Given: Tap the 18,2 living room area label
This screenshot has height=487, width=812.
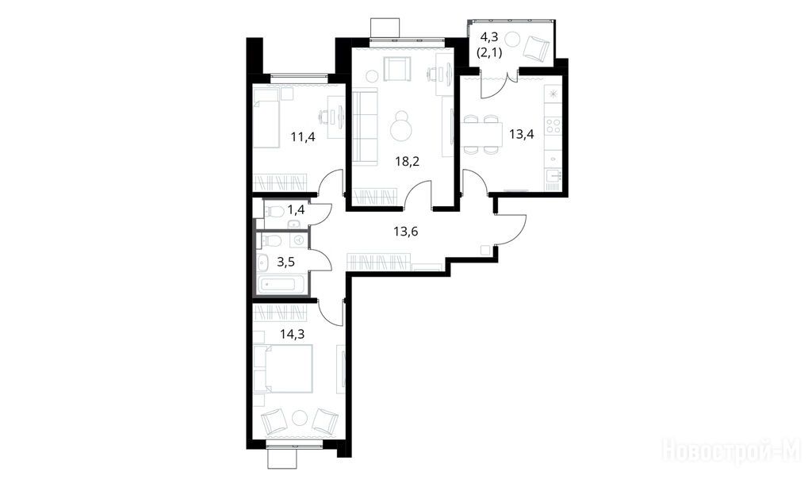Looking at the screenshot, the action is click(x=407, y=161).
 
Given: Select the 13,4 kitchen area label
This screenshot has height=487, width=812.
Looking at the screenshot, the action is click(x=522, y=135).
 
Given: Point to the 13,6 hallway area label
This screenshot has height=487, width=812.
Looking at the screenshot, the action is click(x=405, y=231).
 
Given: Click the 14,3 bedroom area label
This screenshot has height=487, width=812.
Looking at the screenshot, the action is click(x=292, y=334).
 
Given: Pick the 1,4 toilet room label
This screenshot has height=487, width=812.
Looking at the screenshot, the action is click(x=297, y=210).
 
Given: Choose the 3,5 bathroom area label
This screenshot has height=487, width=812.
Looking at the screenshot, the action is click(x=285, y=263).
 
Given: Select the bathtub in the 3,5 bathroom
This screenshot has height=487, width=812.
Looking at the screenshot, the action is click(x=281, y=285).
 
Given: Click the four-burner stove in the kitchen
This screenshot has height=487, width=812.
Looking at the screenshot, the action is click(x=553, y=125).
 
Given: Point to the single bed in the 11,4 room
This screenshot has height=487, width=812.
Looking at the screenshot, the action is click(x=266, y=117).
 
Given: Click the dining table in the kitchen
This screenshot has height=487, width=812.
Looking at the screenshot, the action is click(x=482, y=135).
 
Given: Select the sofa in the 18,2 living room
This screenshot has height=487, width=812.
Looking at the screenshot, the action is click(x=365, y=127).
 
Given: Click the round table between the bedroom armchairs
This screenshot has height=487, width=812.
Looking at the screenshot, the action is click(x=300, y=417).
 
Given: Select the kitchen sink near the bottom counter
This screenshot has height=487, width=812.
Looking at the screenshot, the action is click(x=553, y=175).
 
